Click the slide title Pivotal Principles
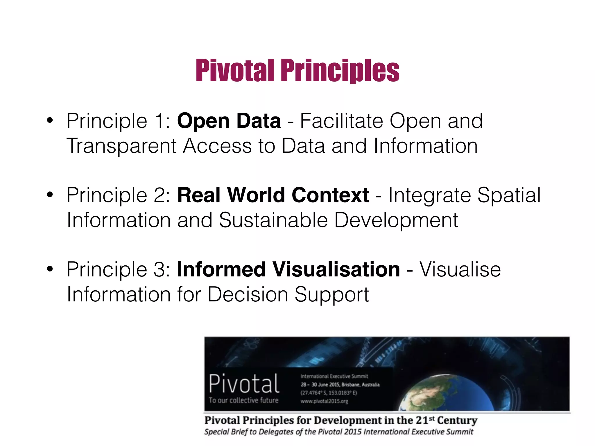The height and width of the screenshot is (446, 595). pos(297,71)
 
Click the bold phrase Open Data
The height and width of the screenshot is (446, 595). pos(229,121)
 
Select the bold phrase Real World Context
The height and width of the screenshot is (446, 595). pos(273,195)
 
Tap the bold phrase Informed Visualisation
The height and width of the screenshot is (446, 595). pos(288,269)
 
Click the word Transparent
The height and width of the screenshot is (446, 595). pos(121,146)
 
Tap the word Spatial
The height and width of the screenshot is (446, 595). pos(509,195)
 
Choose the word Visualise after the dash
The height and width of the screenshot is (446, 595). pos(460,269)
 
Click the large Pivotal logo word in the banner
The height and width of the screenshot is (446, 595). pos(244,384)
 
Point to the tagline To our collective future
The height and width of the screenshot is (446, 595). pos(243,400)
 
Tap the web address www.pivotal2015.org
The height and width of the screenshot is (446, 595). pos(324,401)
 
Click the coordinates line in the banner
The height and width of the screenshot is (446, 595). pos(329,393)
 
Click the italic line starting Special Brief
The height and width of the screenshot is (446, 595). pos(339,432)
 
